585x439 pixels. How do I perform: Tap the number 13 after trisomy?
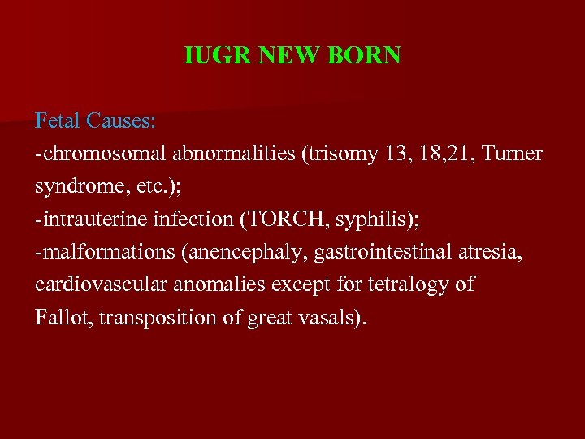[x=395, y=154]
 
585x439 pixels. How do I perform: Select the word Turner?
[x=511, y=154]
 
